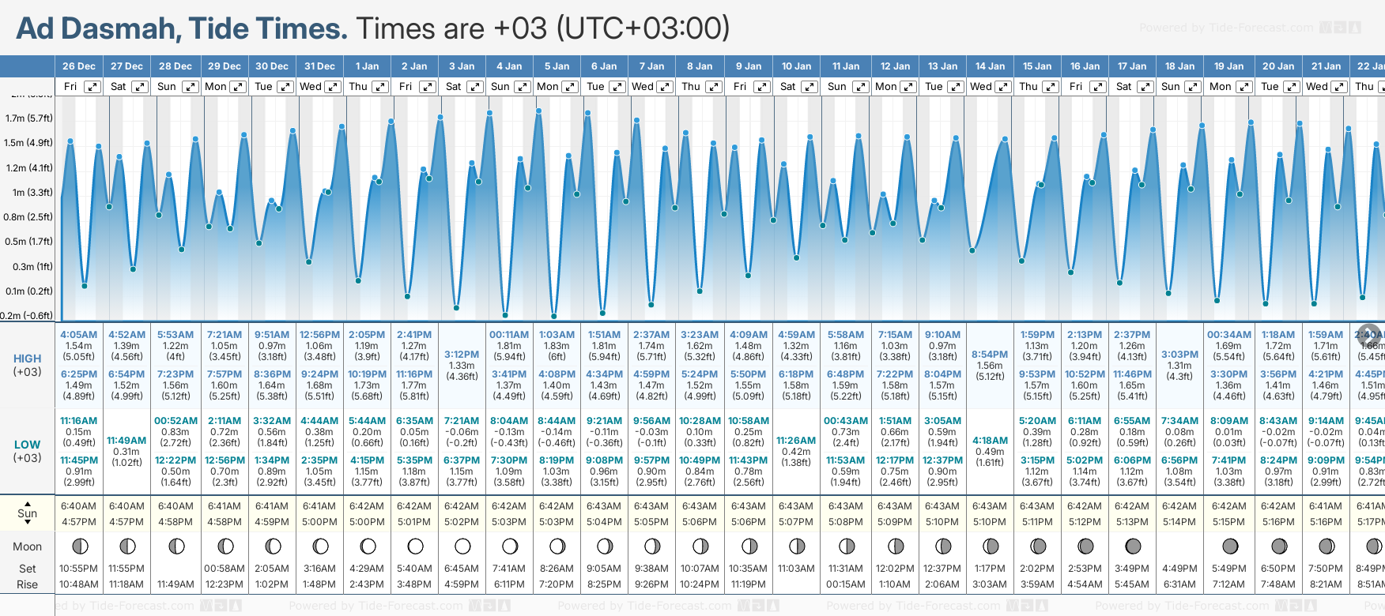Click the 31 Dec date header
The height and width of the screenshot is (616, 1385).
pyautogui.click(x=319, y=66)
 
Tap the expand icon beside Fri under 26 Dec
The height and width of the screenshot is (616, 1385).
pyautogui.click(x=92, y=87)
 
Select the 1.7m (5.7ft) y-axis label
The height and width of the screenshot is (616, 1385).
pyautogui.click(x=28, y=118)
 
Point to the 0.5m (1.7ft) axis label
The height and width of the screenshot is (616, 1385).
pyautogui.click(x=28, y=242)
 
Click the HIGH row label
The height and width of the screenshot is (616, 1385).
pyautogui.click(x=27, y=359)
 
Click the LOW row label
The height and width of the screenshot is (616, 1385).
pyautogui.click(x=27, y=445)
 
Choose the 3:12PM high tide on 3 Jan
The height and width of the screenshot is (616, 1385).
pyautogui.click(x=462, y=355)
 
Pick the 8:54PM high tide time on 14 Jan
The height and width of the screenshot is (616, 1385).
pyautogui.click(x=990, y=355)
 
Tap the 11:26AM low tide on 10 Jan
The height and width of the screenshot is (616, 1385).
pyautogui.click(x=796, y=441)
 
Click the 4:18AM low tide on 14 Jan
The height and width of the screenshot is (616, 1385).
pyautogui.click(x=990, y=441)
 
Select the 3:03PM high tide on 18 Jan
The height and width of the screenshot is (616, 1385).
pyautogui.click(x=1179, y=355)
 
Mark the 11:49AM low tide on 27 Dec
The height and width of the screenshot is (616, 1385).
pyautogui.click(x=126, y=441)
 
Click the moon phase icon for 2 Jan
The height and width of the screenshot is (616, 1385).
pyautogui.click(x=415, y=546)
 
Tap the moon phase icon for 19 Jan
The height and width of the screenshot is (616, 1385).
pyautogui.click(x=1230, y=546)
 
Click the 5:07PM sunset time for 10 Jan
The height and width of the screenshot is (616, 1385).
pyautogui.click(x=796, y=522)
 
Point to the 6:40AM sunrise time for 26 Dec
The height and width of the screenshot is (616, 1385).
pyautogui.click(x=78, y=506)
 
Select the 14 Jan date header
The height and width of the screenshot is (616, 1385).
pyautogui.click(x=990, y=66)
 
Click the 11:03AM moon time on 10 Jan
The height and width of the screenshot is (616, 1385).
pyautogui.click(x=796, y=569)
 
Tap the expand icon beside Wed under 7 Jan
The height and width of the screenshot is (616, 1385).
pyautogui.click(x=665, y=87)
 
